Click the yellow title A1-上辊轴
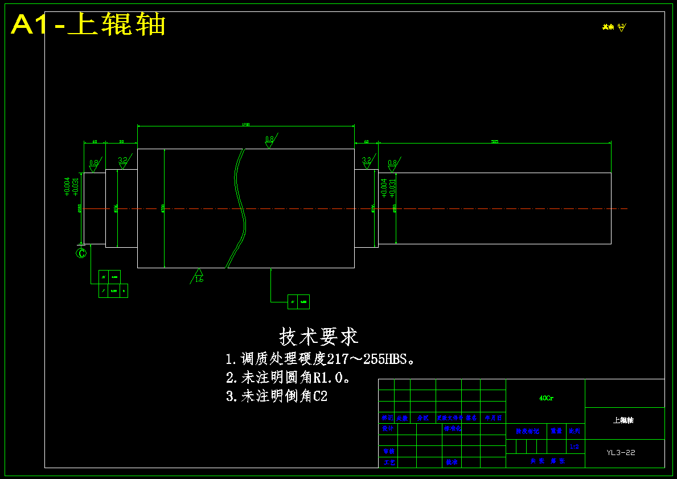coord(88,24)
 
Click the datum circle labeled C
coord(81,252)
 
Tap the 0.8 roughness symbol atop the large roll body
coord(269,141)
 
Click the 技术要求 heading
coord(318,337)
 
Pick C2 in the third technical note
coord(321,396)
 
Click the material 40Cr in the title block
coord(545,398)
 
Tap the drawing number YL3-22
coord(621,453)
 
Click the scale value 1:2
coord(574,447)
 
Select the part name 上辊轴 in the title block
coord(623,420)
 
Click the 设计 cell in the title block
coord(387,428)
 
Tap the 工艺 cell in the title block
coord(389,462)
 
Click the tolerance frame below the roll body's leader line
coord(298,301)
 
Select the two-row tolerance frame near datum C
coord(113,284)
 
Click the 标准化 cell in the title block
coord(452,428)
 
